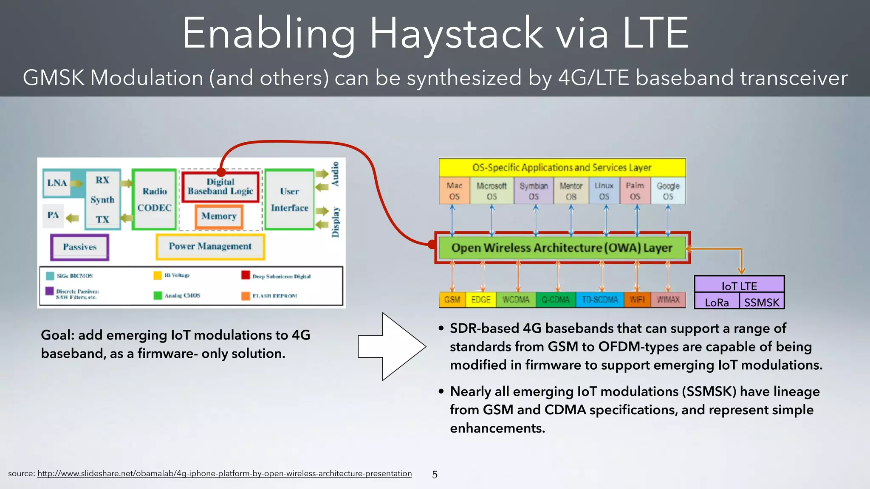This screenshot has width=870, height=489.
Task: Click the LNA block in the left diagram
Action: (57, 183)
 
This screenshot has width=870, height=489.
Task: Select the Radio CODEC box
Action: (154, 200)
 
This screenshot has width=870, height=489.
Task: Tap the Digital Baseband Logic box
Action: (220, 187)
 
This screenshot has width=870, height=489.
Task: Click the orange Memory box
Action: (219, 216)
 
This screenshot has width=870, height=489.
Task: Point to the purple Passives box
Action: (80, 247)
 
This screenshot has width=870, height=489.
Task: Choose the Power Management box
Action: (210, 247)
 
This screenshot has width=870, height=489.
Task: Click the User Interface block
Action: (289, 200)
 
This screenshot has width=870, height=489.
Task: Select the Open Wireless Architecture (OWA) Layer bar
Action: (562, 248)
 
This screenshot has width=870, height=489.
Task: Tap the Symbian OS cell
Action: (534, 191)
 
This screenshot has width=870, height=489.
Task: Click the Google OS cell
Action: (668, 191)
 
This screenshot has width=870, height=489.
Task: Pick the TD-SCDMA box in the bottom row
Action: (599, 300)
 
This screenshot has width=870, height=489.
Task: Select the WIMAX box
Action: (668, 300)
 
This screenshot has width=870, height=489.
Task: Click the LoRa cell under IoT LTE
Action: (717, 302)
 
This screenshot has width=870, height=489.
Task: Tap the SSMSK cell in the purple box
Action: (762, 302)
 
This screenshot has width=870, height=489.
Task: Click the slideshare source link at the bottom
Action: (224, 473)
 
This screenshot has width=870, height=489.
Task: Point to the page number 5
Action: (435, 475)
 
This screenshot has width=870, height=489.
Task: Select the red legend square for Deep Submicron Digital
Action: (246, 275)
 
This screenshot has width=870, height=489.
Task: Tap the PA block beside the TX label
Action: (53, 215)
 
